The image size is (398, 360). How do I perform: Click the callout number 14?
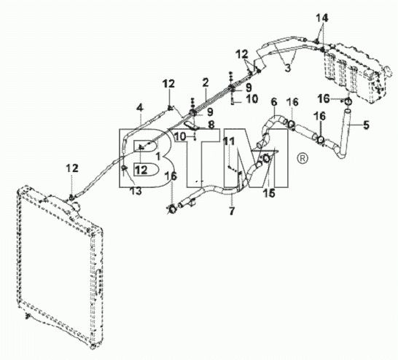[x=322, y=18]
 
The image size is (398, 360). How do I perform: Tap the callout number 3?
[x=288, y=68]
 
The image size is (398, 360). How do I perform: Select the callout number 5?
[x=366, y=125]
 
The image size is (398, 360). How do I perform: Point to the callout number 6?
[x=274, y=102]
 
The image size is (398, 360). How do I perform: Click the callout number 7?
[x=232, y=211]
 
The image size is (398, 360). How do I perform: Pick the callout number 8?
[x=211, y=125]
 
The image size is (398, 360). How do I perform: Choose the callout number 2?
[x=206, y=82]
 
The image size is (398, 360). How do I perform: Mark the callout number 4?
[x=140, y=108]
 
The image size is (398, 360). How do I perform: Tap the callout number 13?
[x=136, y=191]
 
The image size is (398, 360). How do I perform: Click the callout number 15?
[x=269, y=193]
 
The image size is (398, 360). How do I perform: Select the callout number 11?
[x=229, y=141]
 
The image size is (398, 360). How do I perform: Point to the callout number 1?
[x=158, y=156]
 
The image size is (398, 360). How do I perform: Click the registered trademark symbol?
[x=302, y=158]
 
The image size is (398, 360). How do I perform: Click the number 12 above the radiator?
[x=72, y=168]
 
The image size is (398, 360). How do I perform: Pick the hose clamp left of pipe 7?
[x=172, y=209]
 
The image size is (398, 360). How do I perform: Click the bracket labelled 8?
[x=191, y=125]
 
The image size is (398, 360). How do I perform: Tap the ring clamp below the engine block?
[x=348, y=102]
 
